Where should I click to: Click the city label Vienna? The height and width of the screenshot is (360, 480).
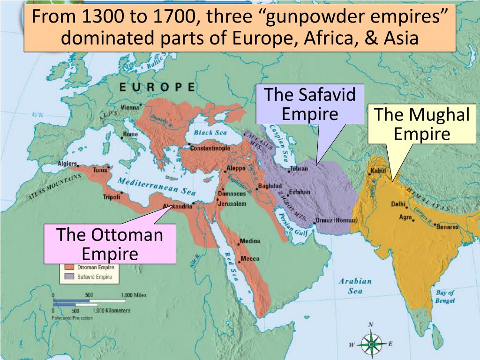[130, 107]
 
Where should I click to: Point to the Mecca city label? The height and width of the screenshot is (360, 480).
[250, 259]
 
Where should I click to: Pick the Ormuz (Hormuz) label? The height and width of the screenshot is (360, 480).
[337, 220]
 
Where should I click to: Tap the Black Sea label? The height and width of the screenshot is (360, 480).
[210, 133]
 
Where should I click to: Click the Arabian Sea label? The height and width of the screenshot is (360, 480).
[355, 286]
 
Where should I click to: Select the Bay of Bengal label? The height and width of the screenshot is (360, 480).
[445, 297]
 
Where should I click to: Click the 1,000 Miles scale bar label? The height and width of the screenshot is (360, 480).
[133, 295]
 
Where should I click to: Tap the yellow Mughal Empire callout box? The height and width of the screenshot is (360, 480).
[421, 124]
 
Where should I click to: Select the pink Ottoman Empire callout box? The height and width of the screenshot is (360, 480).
[110, 244]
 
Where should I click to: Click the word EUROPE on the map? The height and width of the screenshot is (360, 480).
[157, 87]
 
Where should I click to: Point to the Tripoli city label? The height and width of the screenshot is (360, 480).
[112, 197]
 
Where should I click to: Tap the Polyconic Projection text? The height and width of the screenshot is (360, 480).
[72, 318]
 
